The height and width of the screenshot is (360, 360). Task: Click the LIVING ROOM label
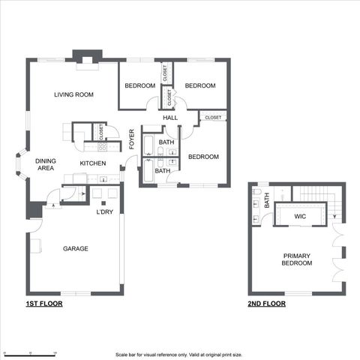coord(73,94)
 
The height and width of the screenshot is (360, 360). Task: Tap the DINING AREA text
coord(45,164)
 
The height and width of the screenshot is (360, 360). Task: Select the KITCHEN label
coord(93,163)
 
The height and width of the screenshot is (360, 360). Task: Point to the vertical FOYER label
coord(132,139)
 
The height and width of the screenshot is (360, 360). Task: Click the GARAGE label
coord(76,248)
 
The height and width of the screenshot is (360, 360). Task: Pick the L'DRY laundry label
coord(104,211)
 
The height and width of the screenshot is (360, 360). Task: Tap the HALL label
coord(170,118)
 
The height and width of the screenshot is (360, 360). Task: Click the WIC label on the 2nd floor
coord(300,216)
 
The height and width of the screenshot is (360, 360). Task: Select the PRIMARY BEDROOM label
coord(296,259)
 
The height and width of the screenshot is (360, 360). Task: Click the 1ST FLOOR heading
coord(43,304)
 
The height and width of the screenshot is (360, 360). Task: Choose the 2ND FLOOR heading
coord(267,304)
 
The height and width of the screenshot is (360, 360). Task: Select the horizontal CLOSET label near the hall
coord(213,117)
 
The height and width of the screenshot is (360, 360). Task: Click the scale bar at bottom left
coord(30,351)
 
